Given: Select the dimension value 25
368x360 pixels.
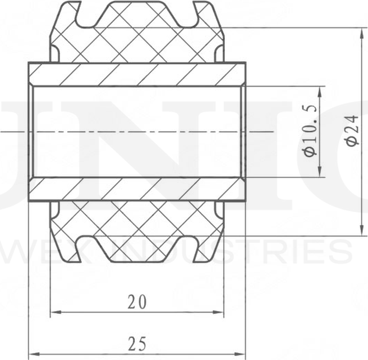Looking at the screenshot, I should [136, 343].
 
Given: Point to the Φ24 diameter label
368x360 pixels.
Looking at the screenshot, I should [352, 131].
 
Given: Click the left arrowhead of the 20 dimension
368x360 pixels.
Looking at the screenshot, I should [55, 312].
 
